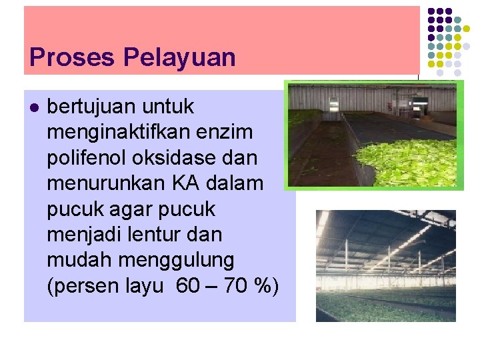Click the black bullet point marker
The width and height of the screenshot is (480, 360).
[x=35, y=107]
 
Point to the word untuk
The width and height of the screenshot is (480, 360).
[x=171, y=107]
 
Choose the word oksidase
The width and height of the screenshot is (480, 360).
[x=183, y=158]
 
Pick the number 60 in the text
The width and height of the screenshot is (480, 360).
[x=189, y=286]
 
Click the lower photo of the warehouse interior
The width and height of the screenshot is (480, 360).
[x=385, y=265]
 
